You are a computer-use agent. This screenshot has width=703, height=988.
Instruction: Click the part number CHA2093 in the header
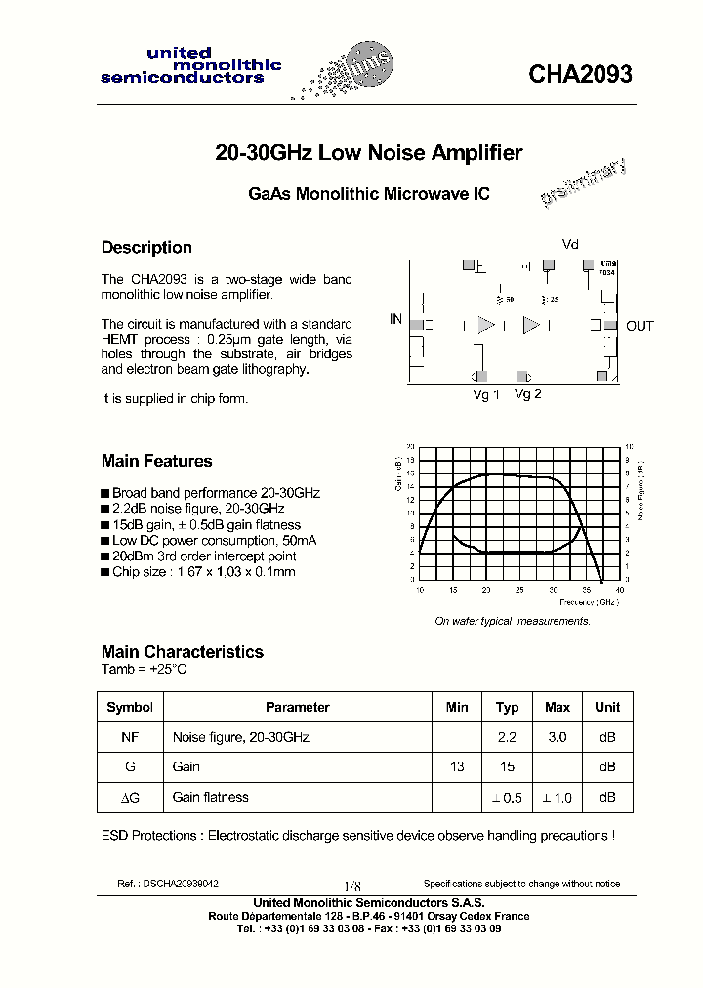pyautogui.click(x=580, y=75)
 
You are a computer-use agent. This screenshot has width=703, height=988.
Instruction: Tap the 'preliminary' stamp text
pyautogui.click(x=584, y=184)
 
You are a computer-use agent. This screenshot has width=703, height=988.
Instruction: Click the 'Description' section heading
pyautogui.click(x=146, y=248)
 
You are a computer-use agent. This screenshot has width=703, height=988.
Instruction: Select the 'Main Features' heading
pyautogui.click(x=156, y=462)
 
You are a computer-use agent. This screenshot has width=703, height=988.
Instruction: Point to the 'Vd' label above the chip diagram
pyautogui.click(x=570, y=244)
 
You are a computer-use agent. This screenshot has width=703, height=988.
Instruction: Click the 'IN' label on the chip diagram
pyautogui.click(x=395, y=319)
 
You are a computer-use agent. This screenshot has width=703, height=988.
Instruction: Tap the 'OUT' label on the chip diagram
pyautogui.click(x=640, y=326)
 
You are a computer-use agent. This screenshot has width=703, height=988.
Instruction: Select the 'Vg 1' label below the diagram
pyautogui.click(x=486, y=394)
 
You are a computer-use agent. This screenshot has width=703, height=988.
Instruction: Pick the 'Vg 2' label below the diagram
pyautogui.click(x=527, y=394)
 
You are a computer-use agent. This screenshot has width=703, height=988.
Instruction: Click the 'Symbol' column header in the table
pyautogui.click(x=130, y=708)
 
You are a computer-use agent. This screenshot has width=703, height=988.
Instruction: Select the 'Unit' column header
pyautogui.click(x=607, y=708)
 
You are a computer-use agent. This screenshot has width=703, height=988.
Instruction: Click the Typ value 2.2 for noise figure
pyautogui.click(x=507, y=738)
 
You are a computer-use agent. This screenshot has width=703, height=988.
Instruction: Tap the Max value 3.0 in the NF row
pyautogui.click(x=557, y=738)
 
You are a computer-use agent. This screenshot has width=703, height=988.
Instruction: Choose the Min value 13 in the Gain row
pyautogui.click(x=456, y=768)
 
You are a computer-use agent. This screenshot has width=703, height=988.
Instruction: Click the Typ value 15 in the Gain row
pyautogui.click(x=507, y=768)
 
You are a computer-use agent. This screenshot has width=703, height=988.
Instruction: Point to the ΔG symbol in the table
pyautogui.click(x=130, y=798)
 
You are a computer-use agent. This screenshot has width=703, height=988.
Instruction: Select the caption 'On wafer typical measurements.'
pyautogui.click(x=512, y=622)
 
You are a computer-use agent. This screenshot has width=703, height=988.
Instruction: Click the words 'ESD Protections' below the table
pyautogui.click(x=147, y=836)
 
